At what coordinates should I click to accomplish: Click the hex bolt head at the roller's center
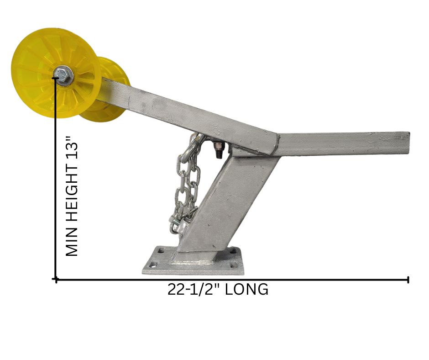click(63, 74)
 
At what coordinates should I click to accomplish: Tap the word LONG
click(246, 289)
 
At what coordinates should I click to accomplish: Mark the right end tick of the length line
click(408, 280)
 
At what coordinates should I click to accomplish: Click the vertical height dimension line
click(56, 179)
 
